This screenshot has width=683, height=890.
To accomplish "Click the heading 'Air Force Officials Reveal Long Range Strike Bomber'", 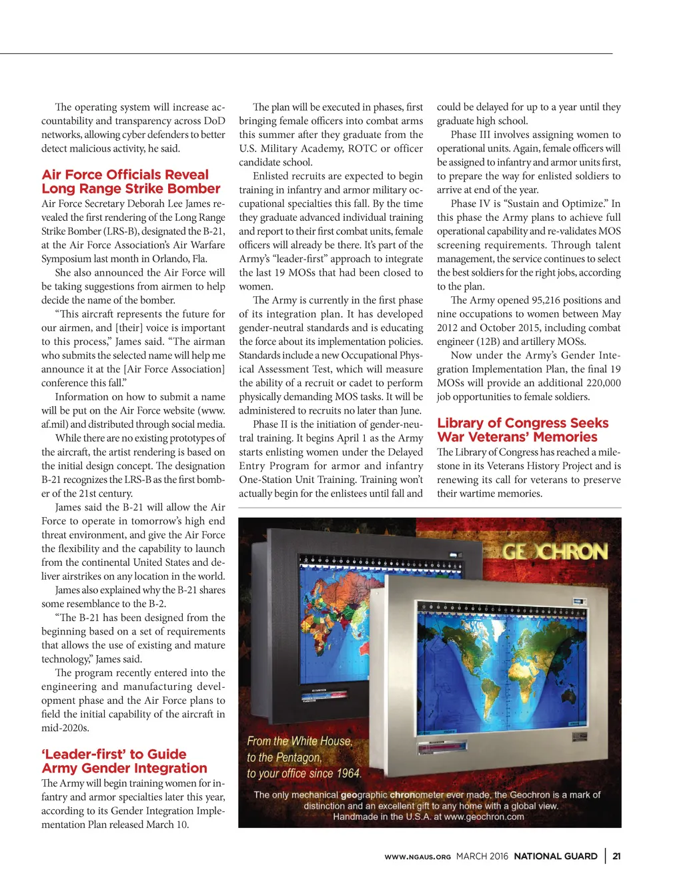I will pyautogui.click(x=131, y=181).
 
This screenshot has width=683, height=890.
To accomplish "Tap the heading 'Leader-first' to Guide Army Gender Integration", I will pyautogui.click(x=124, y=761).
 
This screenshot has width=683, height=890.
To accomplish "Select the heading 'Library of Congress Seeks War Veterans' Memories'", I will pyautogui.click(x=522, y=430).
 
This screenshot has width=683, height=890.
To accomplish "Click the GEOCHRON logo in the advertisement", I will pyautogui.click(x=555, y=552).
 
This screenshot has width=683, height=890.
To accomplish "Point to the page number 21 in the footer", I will pyautogui.click(x=617, y=856).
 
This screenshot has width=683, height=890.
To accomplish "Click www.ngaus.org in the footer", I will pyautogui.click(x=418, y=857).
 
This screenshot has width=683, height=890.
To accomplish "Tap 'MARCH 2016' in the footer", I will pyautogui.click(x=482, y=856).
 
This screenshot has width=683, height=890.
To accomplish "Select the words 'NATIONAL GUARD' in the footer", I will pyautogui.click(x=556, y=856).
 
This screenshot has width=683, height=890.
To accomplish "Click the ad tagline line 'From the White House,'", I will pyautogui.click(x=299, y=741).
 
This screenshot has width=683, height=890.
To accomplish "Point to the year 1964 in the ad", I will pyautogui.click(x=348, y=774).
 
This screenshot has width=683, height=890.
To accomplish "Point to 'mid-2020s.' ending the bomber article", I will pyautogui.click(x=65, y=728).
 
